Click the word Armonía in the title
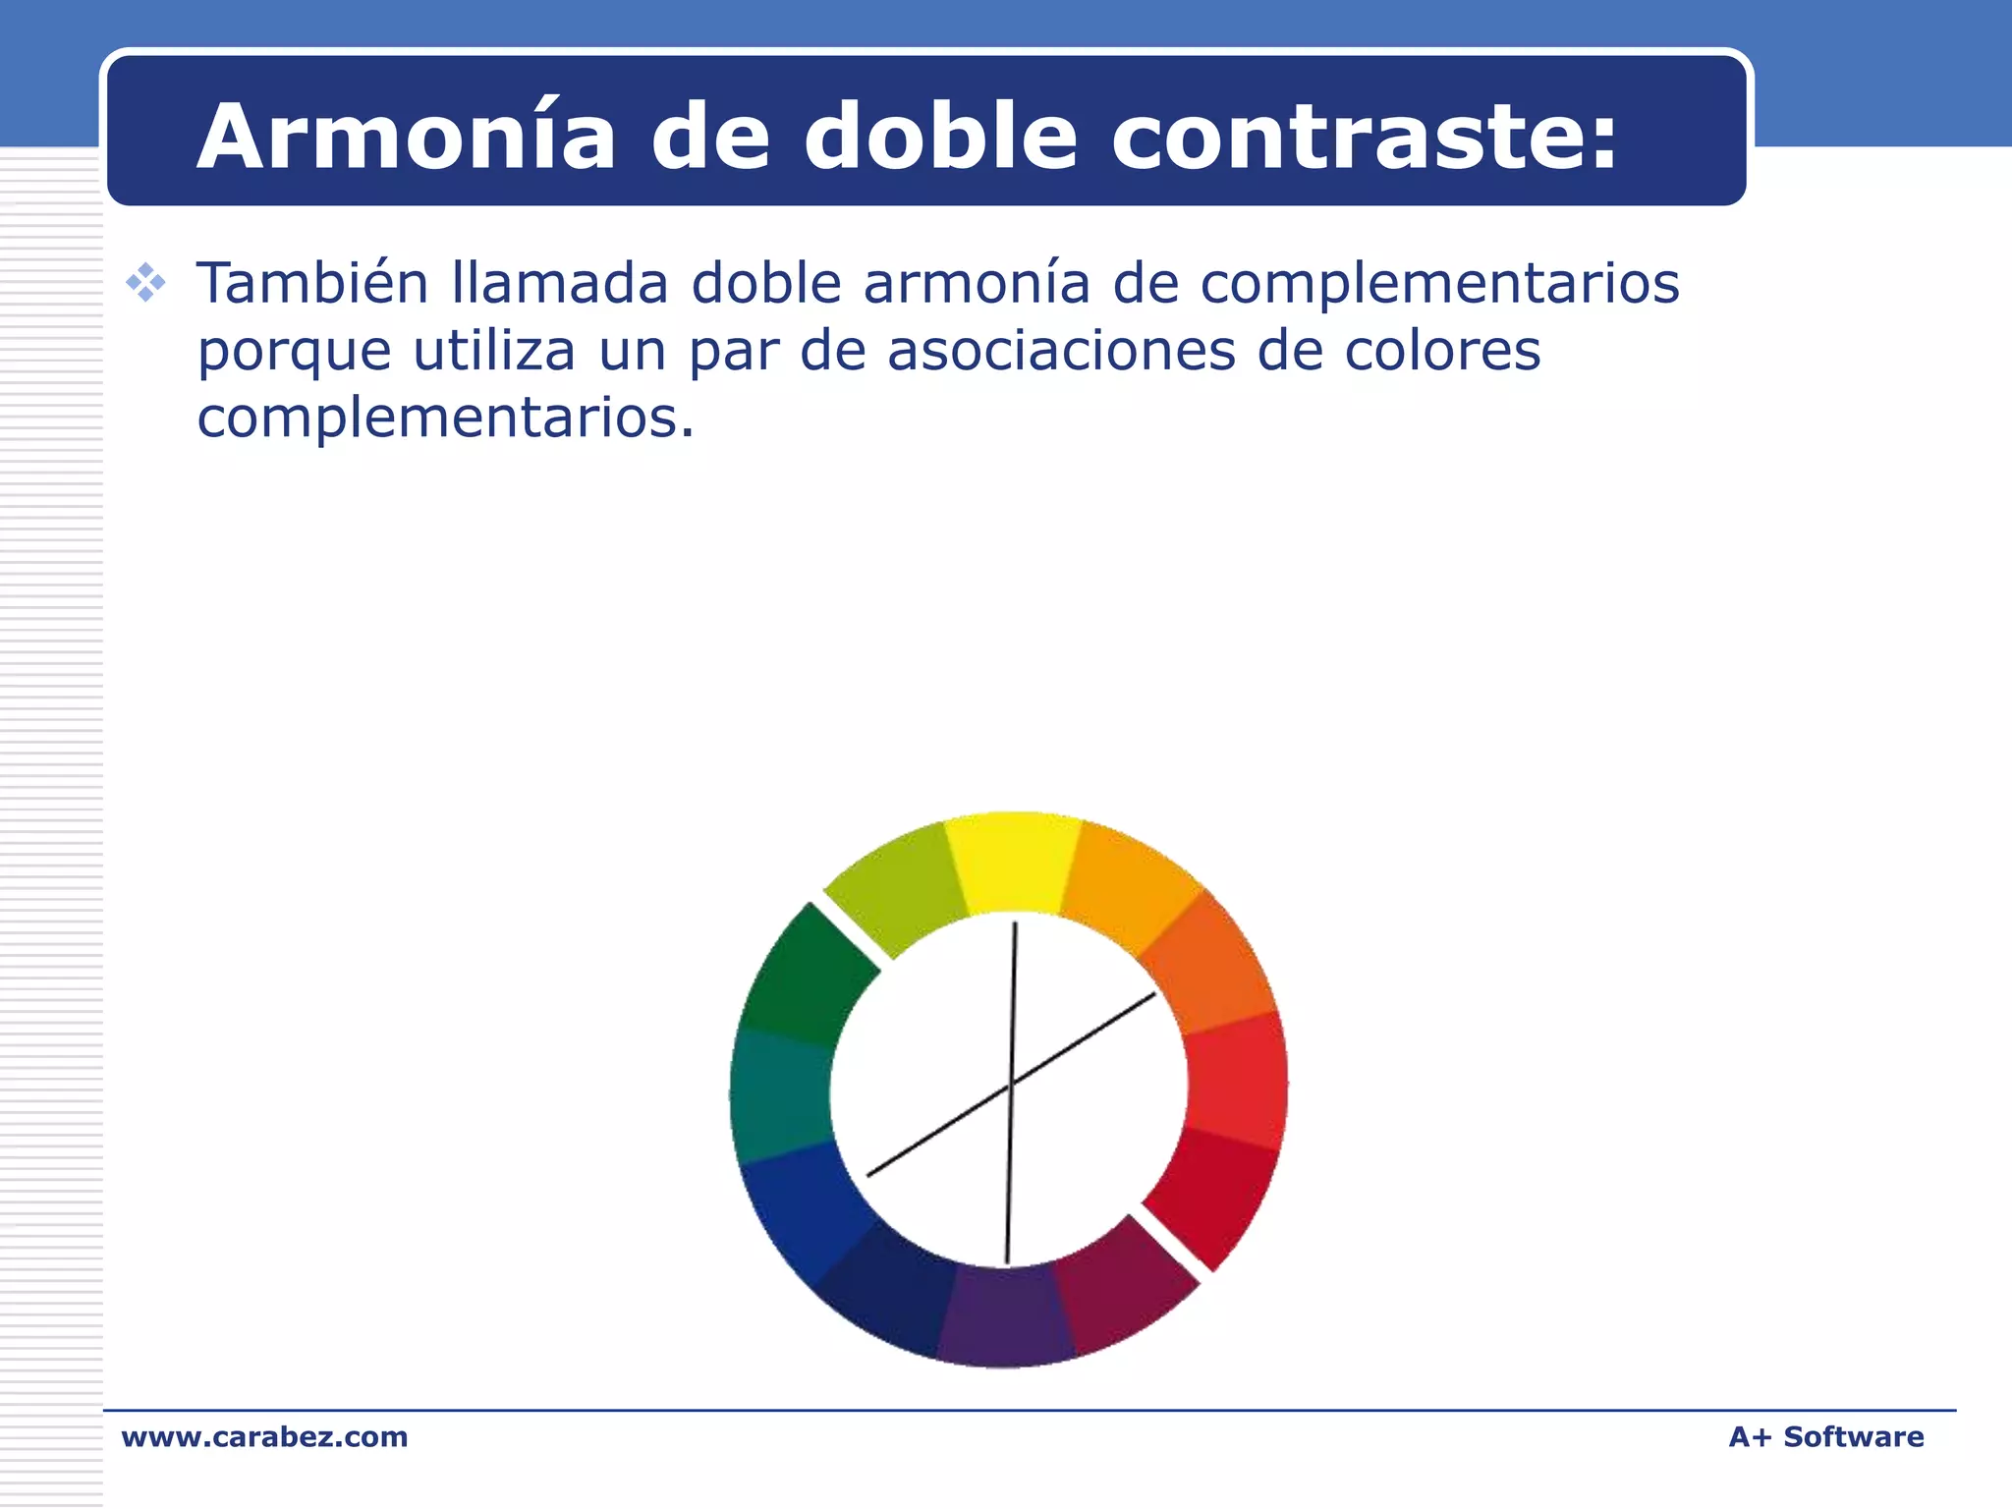(x=406, y=137)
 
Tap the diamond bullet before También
(x=145, y=283)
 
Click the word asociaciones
(x=1061, y=351)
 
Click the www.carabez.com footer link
(x=264, y=1436)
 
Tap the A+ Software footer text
(x=1825, y=1436)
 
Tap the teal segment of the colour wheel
(x=781, y=1095)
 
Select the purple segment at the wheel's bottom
(x=1005, y=1316)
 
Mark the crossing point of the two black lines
(x=1011, y=1085)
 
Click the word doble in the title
(x=940, y=137)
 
